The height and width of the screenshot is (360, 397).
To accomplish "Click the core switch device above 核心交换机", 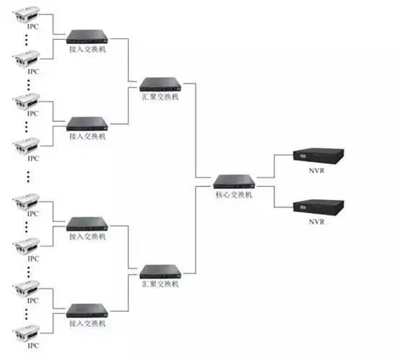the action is coord(234,182).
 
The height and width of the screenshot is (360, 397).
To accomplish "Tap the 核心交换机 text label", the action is coord(234,195).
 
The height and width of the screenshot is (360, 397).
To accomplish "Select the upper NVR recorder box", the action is coord(318,156).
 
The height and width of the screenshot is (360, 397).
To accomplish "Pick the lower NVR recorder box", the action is coord(318,208).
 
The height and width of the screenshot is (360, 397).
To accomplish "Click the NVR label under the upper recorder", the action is coord(316,171).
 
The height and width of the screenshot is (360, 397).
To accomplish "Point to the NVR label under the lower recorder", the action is coord(316,222).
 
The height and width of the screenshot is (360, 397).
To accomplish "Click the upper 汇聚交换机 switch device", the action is coord(160,84).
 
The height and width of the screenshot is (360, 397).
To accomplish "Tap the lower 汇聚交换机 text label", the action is coord(160,284).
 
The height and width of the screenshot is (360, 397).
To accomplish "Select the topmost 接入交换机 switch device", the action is coord(87,37).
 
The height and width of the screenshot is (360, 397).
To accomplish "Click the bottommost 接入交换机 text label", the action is coord(87,323).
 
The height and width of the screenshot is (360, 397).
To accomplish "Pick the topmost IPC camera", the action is coord(26,14).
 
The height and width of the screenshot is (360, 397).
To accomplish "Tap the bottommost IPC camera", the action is coord(26,333).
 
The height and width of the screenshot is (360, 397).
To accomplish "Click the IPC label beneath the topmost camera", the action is coord(33,26).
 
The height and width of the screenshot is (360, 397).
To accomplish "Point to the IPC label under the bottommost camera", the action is coord(33,346).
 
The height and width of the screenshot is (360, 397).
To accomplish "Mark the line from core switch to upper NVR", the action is coord(274,166).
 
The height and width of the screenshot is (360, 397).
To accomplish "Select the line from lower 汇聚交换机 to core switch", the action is coord(196,230).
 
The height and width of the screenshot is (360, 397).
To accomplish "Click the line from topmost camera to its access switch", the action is coord(53,24).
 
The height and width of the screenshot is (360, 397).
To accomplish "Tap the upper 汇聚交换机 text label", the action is coord(160,97).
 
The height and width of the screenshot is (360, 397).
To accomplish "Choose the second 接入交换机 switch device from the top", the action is coord(87,123).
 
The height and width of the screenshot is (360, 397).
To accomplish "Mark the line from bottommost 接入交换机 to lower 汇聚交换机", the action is coord(128,293).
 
